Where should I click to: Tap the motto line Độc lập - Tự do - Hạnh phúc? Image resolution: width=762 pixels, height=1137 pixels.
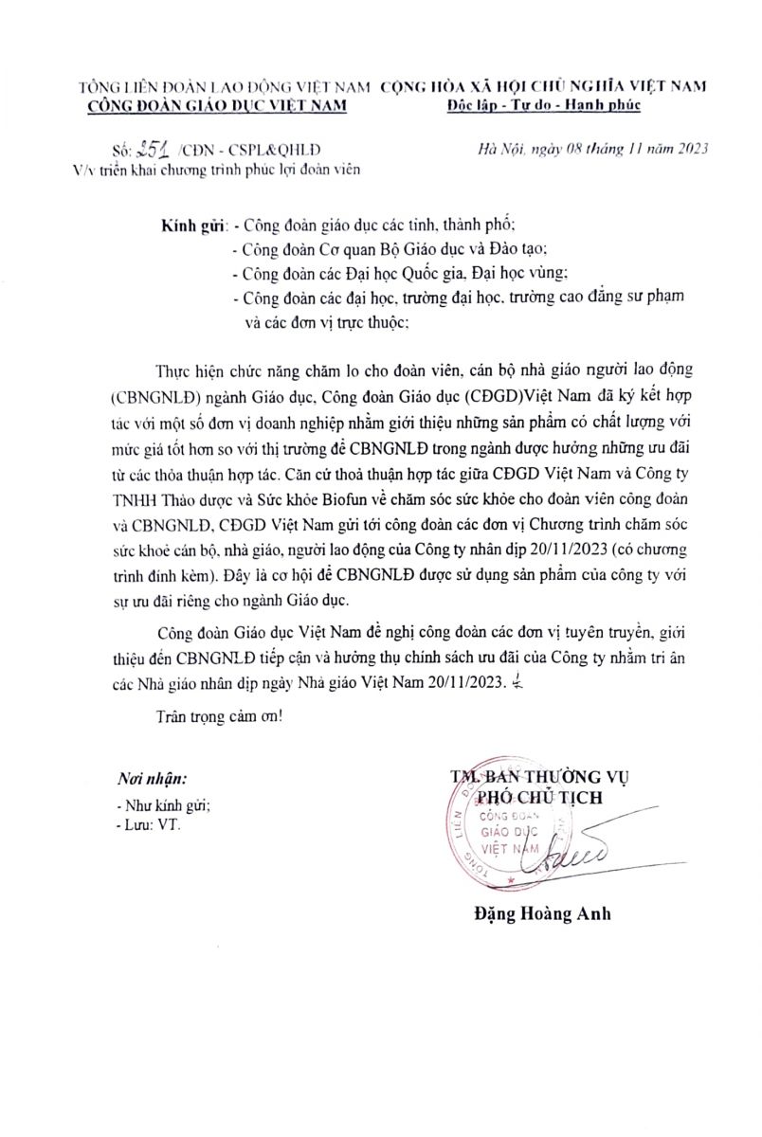tap(543, 105)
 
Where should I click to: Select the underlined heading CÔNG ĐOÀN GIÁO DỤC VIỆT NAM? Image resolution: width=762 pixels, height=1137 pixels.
tap(217, 105)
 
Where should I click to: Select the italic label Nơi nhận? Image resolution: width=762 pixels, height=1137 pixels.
tap(152, 778)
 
